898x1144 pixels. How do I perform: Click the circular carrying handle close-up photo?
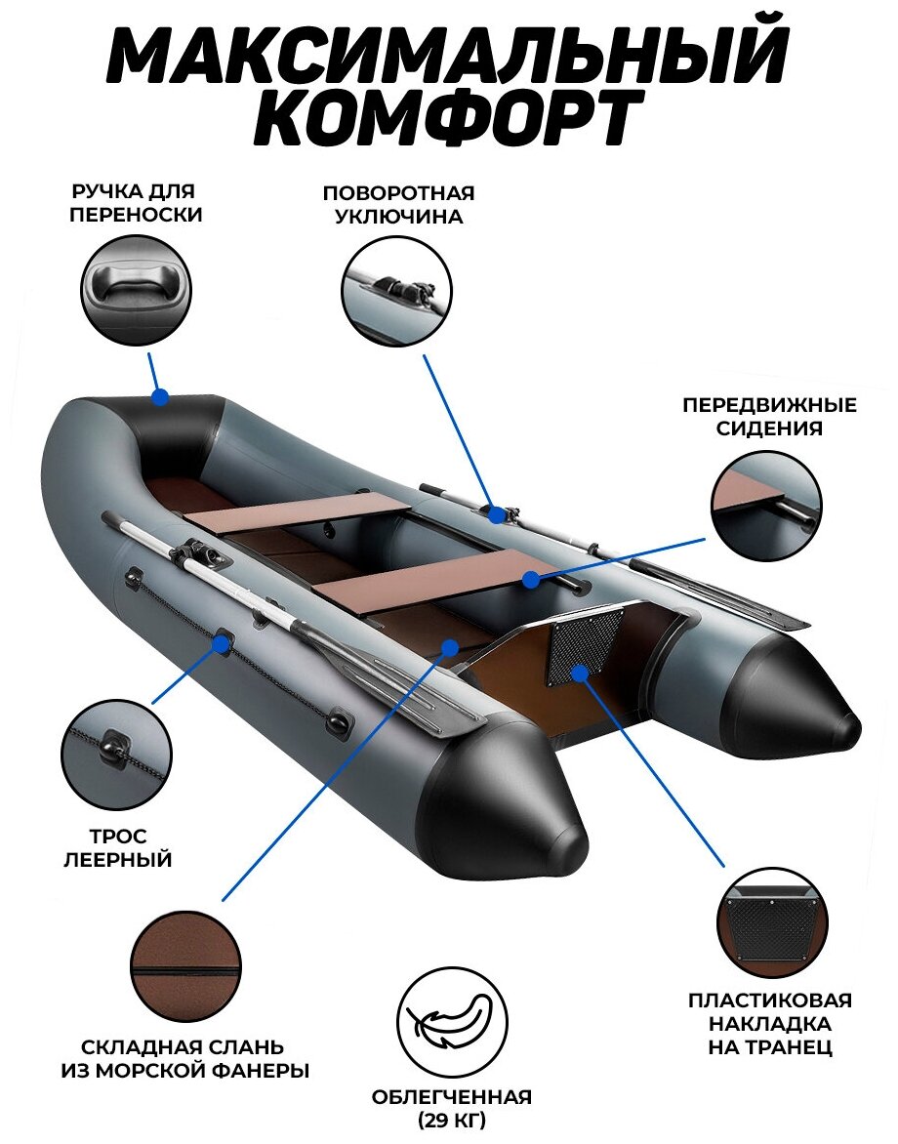click(x=135, y=289)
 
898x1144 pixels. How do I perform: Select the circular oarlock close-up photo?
click(x=396, y=291)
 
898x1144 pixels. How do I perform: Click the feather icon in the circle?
click(x=452, y=1021)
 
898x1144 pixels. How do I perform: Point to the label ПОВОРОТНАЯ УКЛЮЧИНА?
click(x=398, y=204)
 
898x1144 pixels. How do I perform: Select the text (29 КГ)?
click(x=452, y=1120)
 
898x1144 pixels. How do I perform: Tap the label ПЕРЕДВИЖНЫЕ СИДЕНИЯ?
click(x=768, y=416)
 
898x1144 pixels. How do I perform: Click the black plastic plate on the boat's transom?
click(x=585, y=641)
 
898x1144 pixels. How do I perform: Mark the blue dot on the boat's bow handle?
click(x=160, y=396)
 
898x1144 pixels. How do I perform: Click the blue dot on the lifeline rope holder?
click(x=224, y=643)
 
